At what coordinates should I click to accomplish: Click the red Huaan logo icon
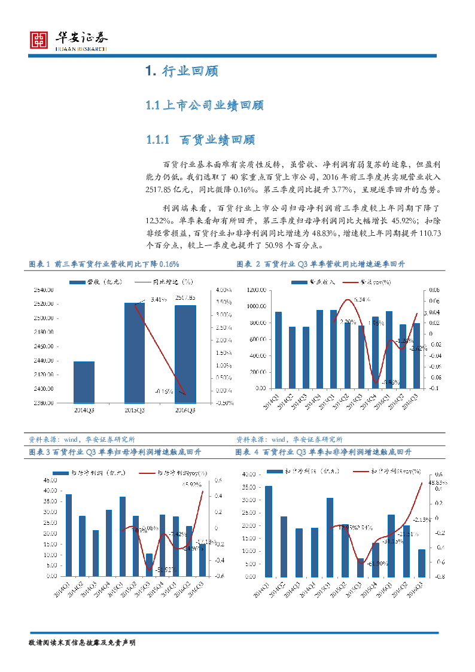click(39, 41)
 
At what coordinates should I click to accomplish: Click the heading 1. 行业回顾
click(181, 71)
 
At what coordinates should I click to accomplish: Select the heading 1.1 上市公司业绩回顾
click(205, 106)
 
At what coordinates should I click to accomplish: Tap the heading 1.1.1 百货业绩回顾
click(200, 140)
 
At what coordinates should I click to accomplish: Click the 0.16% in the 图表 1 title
click(169, 264)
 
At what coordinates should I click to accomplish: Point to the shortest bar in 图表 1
click(84, 382)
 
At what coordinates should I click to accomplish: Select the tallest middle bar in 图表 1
click(135, 352)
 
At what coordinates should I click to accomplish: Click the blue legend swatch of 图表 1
click(77, 282)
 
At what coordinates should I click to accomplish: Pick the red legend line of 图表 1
click(143, 281)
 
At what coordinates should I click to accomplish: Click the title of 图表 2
click(321, 264)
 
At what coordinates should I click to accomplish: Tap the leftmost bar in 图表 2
click(278, 350)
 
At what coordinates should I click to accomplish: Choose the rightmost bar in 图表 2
click(416, 355)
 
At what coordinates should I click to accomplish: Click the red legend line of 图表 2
click(351, 282)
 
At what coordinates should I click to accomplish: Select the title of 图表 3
click(115, 452)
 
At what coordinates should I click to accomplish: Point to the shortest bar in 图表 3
click(149, 565)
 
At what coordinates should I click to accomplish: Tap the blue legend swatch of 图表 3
click(60, 473)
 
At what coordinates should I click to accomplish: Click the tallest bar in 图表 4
click(269, 531)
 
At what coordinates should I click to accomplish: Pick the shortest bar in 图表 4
click(361, 568)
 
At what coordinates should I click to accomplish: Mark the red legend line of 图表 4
click(361, 472)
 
